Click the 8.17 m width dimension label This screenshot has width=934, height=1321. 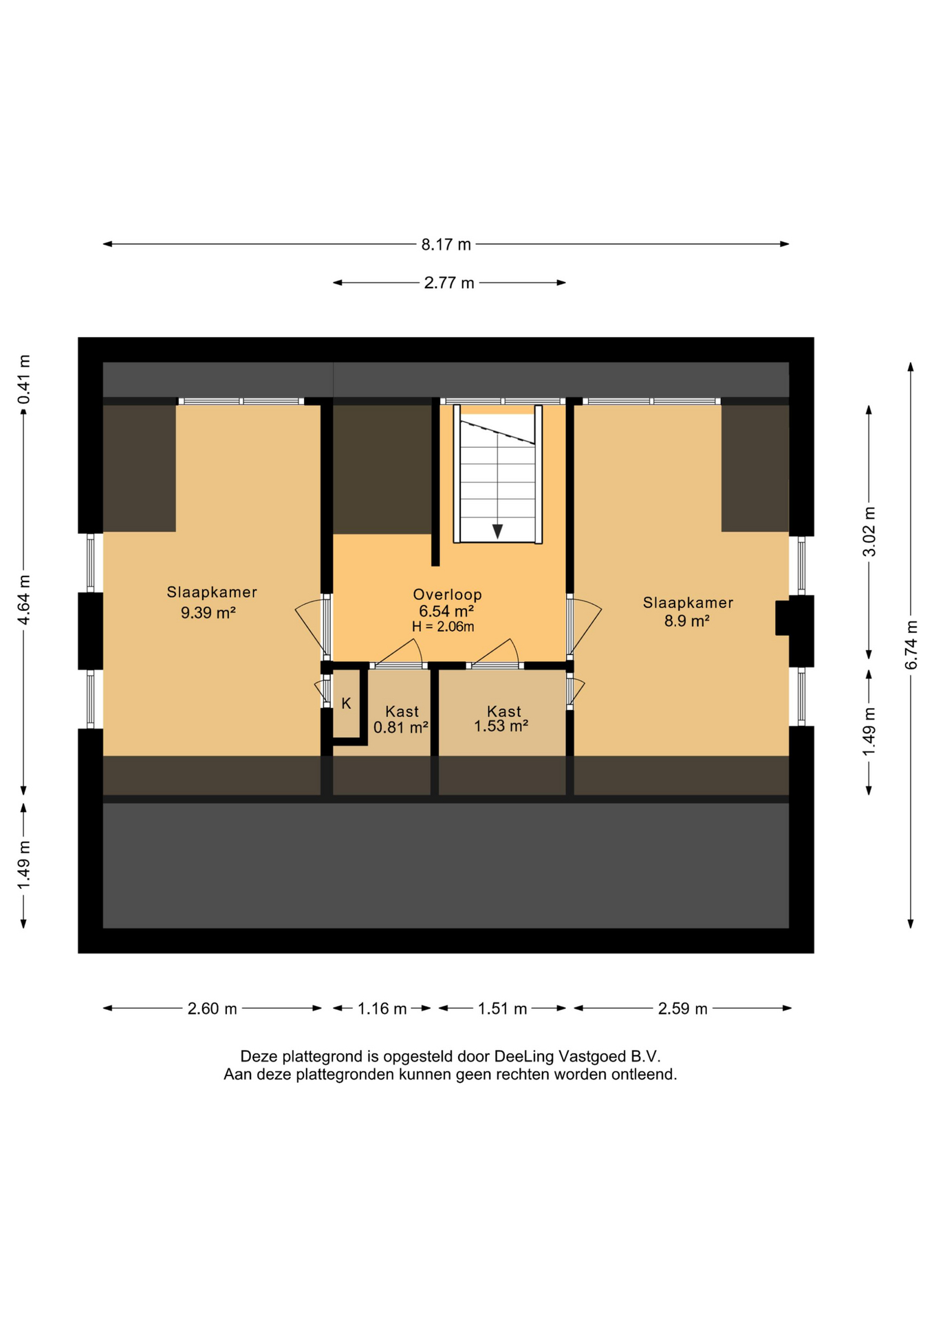point(446,244)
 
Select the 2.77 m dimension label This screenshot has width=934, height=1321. point(449,283)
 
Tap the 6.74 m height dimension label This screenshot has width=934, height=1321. point(911,645)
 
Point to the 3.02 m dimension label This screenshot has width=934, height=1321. point(869,531)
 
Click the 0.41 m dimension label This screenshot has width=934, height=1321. point(24,380)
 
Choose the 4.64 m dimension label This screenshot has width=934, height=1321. point(24,600)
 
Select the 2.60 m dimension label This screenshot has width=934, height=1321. point(212,1009)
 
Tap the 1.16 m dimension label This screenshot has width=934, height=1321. point(382,1009)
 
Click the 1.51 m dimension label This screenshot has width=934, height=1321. point(502,1009)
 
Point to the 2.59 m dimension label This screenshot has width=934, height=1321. point(682,1009)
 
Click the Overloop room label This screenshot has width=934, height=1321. point(447,594)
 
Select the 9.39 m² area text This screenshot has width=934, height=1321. point(208,612)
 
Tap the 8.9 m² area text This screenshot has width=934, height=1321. point(686,621)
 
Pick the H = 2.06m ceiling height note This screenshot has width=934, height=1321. point(443,627)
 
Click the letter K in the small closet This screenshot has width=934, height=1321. point(347,703)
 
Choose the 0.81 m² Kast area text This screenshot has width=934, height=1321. point(401,727)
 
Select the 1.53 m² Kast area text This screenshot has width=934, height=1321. point(501,726)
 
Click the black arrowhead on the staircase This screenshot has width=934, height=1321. point(497,531)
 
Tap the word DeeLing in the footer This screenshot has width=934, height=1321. point(524,1056)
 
